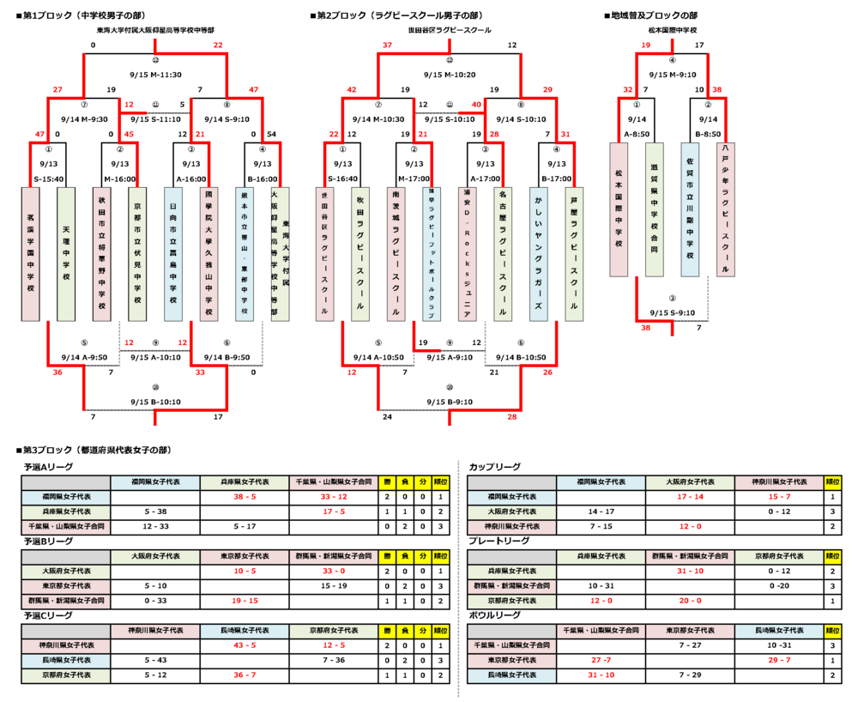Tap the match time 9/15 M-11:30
(x=155, y=75)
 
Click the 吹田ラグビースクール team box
(x=360, y=254)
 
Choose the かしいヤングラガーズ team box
(x=538, y=254)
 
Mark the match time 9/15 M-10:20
(x=450, y=75)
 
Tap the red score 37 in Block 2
(x=387, y=45)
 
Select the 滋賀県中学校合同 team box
(x=654, y=209)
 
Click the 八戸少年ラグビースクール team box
(x=726, y=209)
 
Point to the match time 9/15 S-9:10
(x=673, y=313)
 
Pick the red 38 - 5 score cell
(x=244, y=497)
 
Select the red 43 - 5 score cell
(x=244, y=645)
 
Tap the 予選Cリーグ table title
(x=48, y=615)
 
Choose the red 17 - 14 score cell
(x=690, y=497)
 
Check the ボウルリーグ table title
(x=494, y=615)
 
